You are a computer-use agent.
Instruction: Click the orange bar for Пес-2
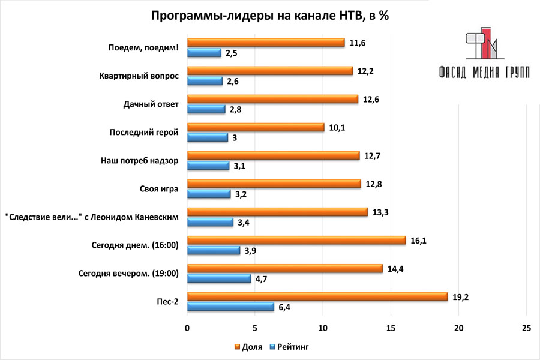317,296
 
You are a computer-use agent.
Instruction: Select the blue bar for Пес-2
230,307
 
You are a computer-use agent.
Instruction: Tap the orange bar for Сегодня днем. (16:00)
296,240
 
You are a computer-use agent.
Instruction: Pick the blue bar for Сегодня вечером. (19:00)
219,278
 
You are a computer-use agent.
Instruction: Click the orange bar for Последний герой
256,127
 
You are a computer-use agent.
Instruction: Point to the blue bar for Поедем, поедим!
204,53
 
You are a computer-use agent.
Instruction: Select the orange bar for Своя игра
274,184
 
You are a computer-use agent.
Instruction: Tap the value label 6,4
286,307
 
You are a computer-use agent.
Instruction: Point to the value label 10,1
337,127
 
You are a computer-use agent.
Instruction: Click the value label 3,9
251,250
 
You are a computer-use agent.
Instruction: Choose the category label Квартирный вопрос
139,76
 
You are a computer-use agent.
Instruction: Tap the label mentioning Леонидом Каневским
91,217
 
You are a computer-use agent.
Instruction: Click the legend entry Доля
247,347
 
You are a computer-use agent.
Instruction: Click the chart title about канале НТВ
269,16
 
